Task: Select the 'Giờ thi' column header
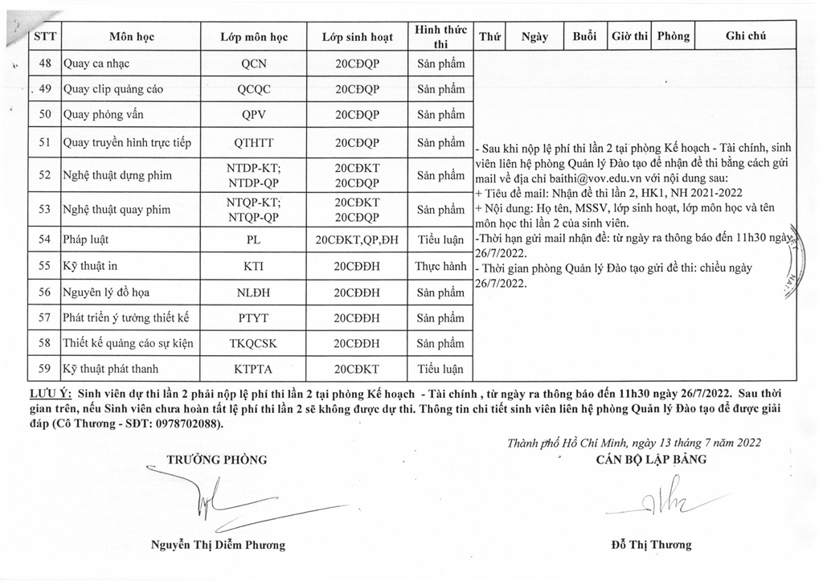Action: point(629,37)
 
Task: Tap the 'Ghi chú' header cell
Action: point(745,37)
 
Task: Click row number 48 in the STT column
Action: point(46,63)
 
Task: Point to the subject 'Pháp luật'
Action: point(86,239)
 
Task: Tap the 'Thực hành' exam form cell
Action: point(440,264)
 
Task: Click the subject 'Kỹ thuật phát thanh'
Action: point(110,370)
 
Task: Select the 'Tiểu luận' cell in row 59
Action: point(440,370)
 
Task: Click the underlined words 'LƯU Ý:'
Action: point(49,394)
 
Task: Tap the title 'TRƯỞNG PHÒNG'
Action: point(216,460)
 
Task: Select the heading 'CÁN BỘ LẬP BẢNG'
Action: point(651,460)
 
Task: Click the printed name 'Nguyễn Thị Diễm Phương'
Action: point(218,545)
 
